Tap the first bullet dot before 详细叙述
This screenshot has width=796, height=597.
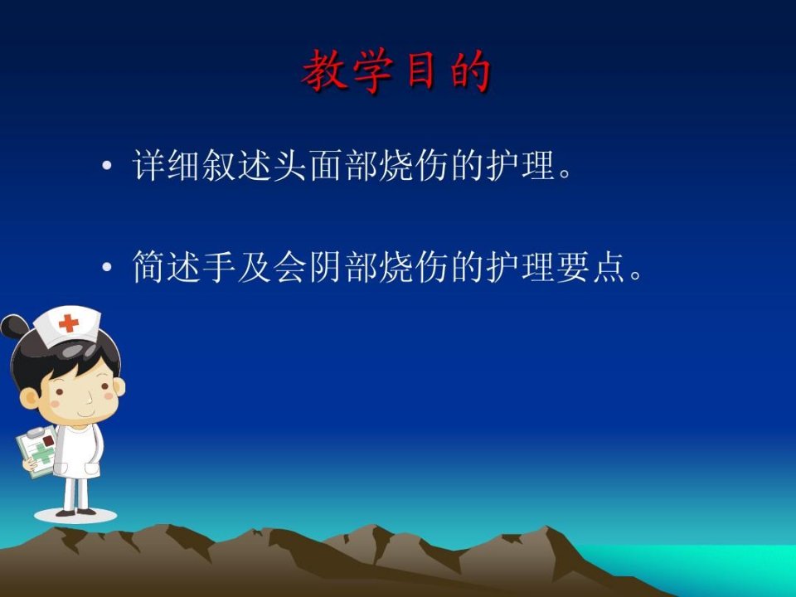[x=107, y=165]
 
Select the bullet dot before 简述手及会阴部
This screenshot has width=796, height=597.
[x=107, y=266]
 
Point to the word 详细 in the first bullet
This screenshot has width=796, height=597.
[x=167, y=165]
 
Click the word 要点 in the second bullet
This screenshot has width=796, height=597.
[x=591, y=266]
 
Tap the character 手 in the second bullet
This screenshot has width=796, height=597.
[x=219, y=266]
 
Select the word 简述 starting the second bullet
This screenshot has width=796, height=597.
[x=167, y=266]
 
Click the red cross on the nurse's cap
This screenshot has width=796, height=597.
[x=69, y=323]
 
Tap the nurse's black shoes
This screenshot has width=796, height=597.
[x=76, y=512]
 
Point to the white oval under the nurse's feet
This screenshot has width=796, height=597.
[x=75, y=515]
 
